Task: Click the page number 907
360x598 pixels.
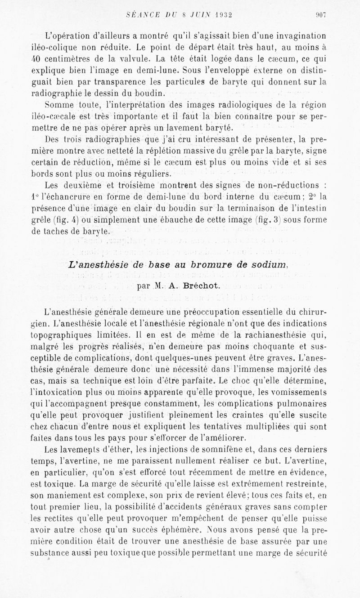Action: [x=320, y=14]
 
